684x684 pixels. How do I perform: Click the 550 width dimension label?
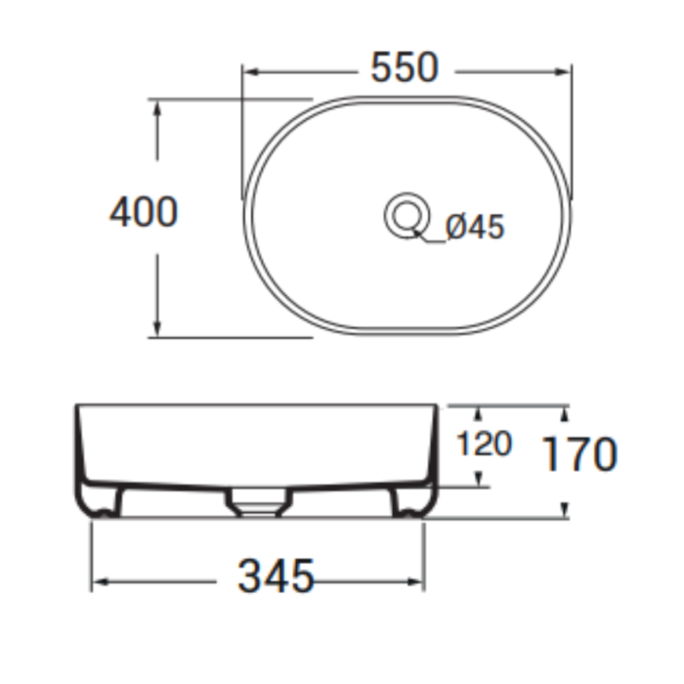pyautogui.click(x=404, y=67)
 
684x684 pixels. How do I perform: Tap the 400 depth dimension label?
pyautogui.click(x=144, y=212)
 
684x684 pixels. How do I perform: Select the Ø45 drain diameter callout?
pyautogui.click(x=475, y=227)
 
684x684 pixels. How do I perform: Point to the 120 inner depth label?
pyautogui.click(x=484, y=444)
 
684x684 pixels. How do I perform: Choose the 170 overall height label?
pyautogui.click(x=579, y=454)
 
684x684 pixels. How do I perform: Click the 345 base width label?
pyautogui.click(x=276, y=576)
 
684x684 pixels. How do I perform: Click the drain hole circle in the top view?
pyautogui.click(x=407, y=216)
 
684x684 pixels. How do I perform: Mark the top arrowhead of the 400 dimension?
pyautogui.click(x=157, y=107)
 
